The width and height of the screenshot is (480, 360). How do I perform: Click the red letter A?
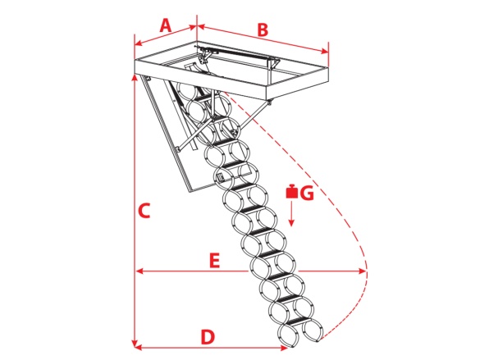point(165,25)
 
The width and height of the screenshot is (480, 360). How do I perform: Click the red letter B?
point(263,30)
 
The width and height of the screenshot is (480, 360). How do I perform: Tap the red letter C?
point(144,211)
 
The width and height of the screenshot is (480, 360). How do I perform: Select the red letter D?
point(208,336)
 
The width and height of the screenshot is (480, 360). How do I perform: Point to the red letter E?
point(214,261)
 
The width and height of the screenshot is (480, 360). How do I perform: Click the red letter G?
point(307,193)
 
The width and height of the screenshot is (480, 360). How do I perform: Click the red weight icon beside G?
point(292,191)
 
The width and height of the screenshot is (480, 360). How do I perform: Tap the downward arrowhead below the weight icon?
point(291,222)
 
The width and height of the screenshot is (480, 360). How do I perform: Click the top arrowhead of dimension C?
point(135,77)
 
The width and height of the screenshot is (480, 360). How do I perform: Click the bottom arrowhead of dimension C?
point(135,343)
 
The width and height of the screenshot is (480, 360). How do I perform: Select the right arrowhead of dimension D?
point(284,347)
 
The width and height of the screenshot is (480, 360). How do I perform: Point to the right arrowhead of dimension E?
point(362,271)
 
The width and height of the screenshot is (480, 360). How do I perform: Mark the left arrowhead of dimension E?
point(140,271)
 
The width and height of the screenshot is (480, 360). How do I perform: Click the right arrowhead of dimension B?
point(324,51)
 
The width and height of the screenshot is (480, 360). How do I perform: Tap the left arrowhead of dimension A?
point(139,43)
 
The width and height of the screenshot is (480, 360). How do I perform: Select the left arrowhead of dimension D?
point(139,347)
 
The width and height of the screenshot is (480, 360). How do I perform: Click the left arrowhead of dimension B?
point(201,26)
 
